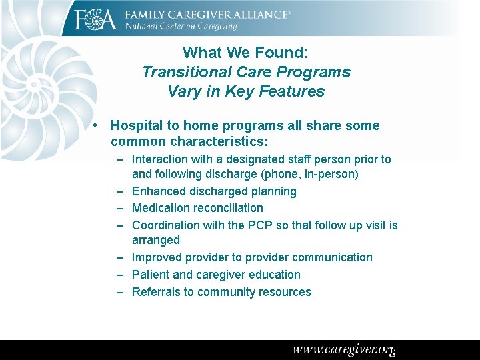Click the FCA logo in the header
pos(95,19)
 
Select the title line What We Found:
pos(246,53)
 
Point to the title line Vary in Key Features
pos(246,91)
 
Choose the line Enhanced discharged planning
pos(214,191)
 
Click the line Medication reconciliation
pos(197,208)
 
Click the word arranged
pos(156,240)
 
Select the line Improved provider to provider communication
pos(252,257)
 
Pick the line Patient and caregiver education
pos(216,275)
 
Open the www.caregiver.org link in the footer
pos(344,349)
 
